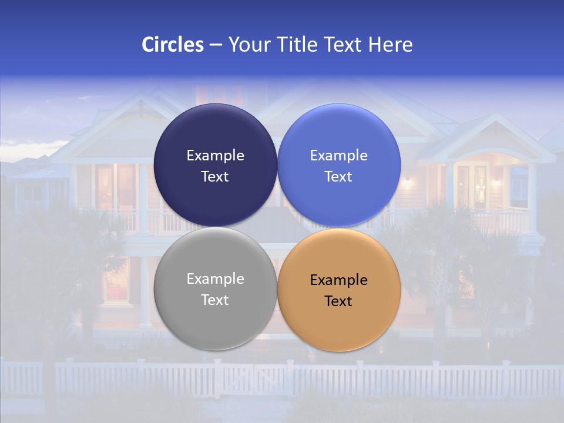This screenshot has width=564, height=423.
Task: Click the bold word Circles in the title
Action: (x=172, y=45)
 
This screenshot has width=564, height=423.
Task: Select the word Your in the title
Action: (x=247, y=45)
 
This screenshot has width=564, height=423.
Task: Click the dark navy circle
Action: (x=216, y=135)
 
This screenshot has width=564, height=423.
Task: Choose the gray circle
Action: (x=216, y=318)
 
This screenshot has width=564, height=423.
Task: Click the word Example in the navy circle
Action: (x=215, y=156)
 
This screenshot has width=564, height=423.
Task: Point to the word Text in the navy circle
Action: (x=215, y=177)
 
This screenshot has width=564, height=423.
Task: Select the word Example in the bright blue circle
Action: (x=338, y=156)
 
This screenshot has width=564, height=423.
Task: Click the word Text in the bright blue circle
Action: (x=338, y=177)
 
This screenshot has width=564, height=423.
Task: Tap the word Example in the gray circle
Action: (x=215, y=279)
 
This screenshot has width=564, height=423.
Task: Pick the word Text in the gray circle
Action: (x=215, y=300)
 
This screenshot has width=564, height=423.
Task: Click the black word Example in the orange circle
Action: (x=338, y=280)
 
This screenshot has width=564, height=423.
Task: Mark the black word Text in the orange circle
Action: (x=338, y=301)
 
